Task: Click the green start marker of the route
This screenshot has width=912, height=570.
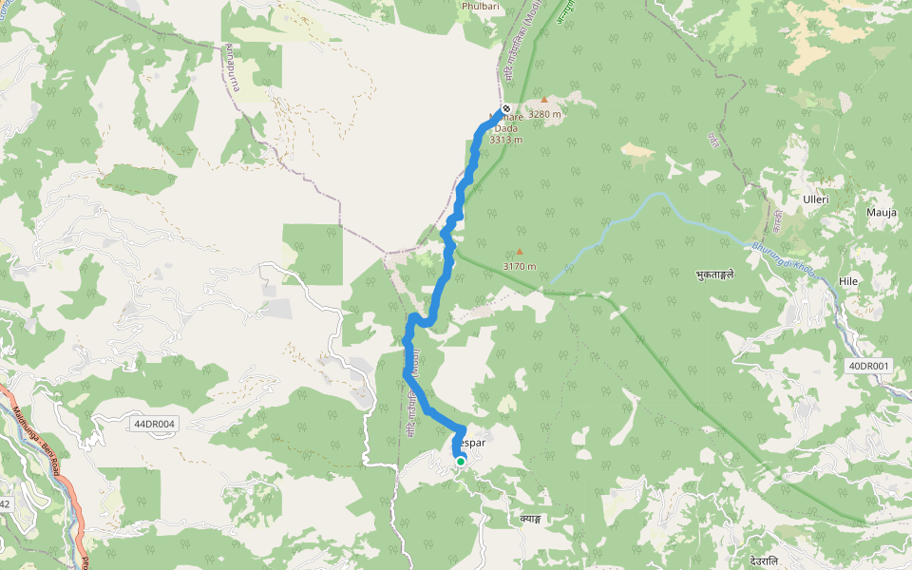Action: click(x=461, y=462)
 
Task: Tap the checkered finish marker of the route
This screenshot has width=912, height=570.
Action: click(x=505, y=109)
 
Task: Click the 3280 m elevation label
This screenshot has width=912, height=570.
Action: click(x=545, y=114)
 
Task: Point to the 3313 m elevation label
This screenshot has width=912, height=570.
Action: click(x=506, y=140)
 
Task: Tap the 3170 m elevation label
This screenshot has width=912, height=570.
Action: click(x=520, y=266)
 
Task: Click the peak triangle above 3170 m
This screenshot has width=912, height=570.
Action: click(x=520, y=252)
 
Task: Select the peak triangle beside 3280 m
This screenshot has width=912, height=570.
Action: click(x=544, y=100)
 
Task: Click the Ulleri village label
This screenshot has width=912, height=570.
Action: click(x=815, y=199)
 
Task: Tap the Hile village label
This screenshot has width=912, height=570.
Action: click(x=848, y=281)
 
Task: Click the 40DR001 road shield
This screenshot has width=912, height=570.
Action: click(x=868, y=366)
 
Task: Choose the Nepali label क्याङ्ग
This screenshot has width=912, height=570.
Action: click(x=530, y=519)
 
